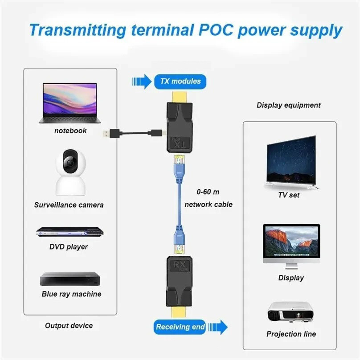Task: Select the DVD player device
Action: coord(70,232)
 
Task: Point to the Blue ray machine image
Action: coord(70,278)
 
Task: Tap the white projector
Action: coord(290,312)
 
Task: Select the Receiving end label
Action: coord(180,327)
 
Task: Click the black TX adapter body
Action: coord(180,127)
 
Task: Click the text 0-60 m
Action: coord(208,192)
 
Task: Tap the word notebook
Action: coord(70,131)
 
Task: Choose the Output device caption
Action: coord(69,326)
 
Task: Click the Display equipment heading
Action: coord(288,106)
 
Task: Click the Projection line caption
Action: coord(291,334)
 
